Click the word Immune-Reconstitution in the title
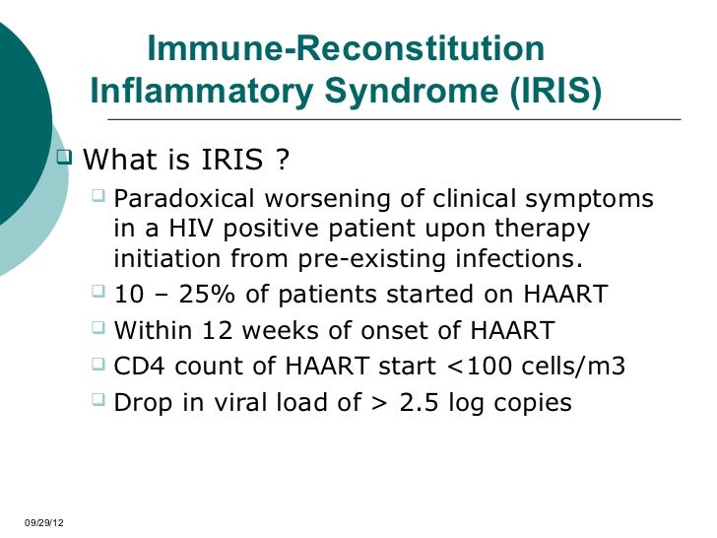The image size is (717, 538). point(345,49)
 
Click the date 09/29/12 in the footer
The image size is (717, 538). point(40,520)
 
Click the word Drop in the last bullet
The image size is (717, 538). point(139,402)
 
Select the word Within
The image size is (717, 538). point(150,330)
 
